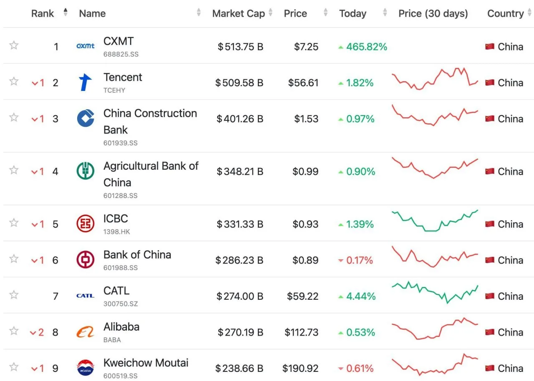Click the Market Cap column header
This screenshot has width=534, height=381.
click(238, 14)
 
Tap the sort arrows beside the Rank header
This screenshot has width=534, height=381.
click(65, 12)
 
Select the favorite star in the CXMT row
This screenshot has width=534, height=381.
click(14, 45)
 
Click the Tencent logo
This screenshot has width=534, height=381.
click(85, 83)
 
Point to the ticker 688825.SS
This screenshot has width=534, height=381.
click(121, 54)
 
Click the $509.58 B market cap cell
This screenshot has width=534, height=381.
click(239, 83)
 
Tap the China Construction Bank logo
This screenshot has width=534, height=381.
click(86, 118)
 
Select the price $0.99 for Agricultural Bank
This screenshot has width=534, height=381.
click(305, 171)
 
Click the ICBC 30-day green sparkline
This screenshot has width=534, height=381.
click(435, 221)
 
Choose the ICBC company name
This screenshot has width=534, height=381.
click(116, 218)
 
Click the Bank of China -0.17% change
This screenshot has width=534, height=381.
click(356, 260)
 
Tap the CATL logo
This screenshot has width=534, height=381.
click(86, 296)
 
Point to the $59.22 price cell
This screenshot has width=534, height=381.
click(303, 296)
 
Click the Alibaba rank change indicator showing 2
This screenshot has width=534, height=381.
click(37, 332)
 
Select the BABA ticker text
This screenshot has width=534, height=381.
click(112, 340)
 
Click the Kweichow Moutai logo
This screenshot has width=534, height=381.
click(86, 367)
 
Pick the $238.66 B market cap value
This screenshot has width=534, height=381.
click(239, 368)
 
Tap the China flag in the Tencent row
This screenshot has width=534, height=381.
click(490, 83)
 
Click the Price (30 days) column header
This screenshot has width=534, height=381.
click(433, 14)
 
